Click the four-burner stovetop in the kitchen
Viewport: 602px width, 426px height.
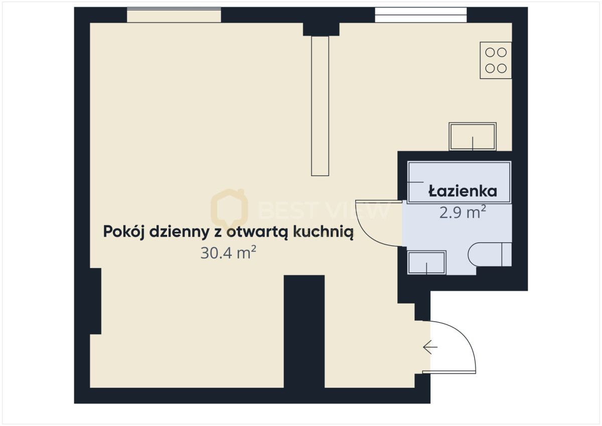point(496,60)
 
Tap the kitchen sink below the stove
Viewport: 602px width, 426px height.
point(473,136)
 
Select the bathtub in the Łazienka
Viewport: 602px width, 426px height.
point(459,182)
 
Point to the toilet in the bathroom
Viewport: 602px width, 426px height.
point(489,254)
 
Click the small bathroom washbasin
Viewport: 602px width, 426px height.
point(426,263)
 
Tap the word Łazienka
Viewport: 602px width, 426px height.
point(462,191)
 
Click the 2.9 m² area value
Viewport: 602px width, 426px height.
point(462,213)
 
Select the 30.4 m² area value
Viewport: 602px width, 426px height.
point(228,253)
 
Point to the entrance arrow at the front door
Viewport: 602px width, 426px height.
point(430,347)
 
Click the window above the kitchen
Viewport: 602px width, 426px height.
point(420,15)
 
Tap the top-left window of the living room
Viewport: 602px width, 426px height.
point(174,15)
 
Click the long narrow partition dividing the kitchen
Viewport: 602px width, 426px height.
point(320,105)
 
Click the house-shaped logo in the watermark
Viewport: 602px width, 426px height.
point(229,207)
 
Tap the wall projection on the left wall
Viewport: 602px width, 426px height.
point(95,301)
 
